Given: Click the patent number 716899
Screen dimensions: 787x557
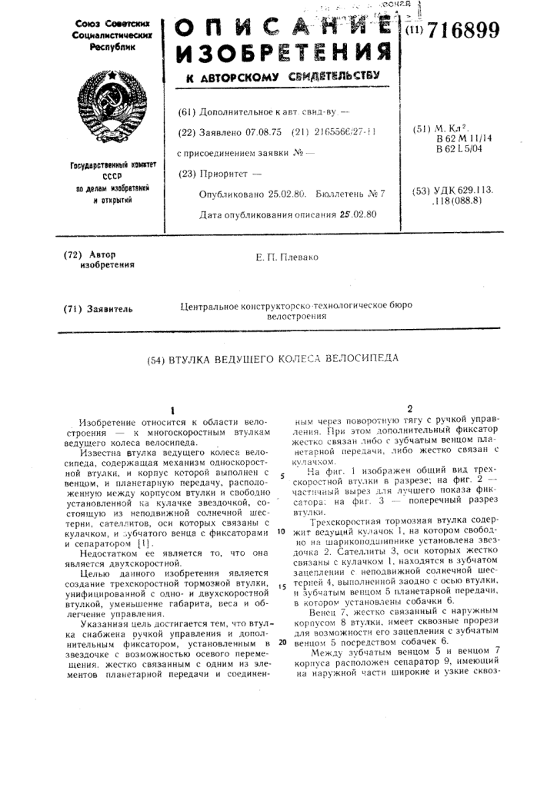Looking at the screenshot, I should click(x=462, y=32).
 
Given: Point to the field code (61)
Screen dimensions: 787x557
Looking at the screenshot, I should click(x=186, y=111).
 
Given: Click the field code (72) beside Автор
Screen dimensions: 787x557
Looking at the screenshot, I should click(x=73, y=254).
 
